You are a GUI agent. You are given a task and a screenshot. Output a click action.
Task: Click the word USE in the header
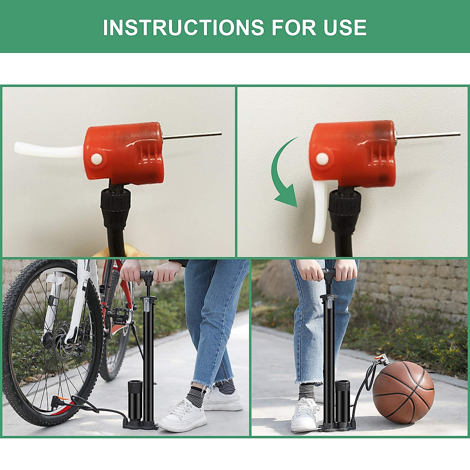[x=345, y=27]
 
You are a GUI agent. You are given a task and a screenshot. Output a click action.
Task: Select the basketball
[x=403, y=392]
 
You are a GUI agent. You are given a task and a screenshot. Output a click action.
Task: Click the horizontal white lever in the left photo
[x=47, y=150]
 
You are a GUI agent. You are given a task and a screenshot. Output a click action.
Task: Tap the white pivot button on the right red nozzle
[x=322, y=159]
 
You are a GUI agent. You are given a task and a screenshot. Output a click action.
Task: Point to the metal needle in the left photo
[x=192, y=136]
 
